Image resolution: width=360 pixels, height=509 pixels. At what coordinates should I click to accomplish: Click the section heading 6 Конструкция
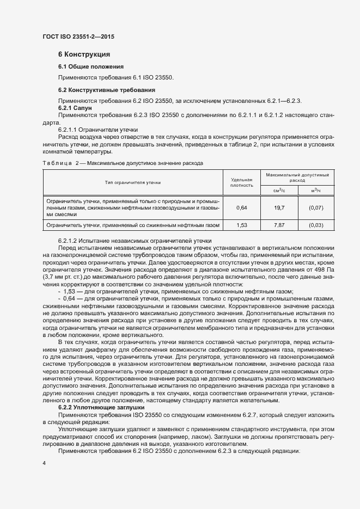click(x=84, y=54)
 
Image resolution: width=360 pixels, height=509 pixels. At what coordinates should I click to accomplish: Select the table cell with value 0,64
click(x=242, y=208)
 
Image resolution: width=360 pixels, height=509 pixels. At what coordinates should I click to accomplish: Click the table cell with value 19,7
click(x=279, y=208)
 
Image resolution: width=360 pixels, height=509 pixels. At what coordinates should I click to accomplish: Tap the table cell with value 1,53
click(x=242, y=225)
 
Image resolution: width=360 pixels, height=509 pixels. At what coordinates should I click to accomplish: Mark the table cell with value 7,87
click(x=279, y=225)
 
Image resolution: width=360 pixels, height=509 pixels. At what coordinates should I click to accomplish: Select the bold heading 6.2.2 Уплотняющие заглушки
click(x=101, y=407)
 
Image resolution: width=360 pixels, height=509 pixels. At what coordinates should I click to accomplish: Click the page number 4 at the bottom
click(x=44, y=463)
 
